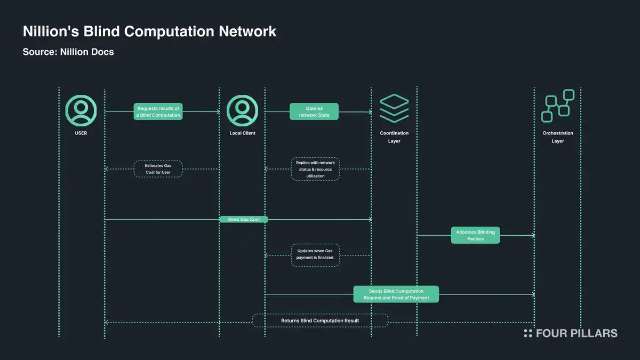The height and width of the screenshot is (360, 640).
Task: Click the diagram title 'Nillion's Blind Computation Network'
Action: (149, 31)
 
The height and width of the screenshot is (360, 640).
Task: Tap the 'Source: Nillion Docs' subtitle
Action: (68, 52)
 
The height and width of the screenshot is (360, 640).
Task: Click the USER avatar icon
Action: (81, 111)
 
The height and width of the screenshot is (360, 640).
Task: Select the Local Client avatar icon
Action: (242, 111)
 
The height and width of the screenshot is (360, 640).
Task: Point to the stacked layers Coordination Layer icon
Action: (394, 108)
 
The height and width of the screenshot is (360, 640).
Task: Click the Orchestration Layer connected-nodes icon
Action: (558, 106)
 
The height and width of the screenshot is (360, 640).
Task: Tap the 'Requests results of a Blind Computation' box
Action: (158, 111)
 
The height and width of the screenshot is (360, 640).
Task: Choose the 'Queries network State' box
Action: (314, 111)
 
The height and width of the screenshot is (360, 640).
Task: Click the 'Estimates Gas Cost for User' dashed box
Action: (158, 169)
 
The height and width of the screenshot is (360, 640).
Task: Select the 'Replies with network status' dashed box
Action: (314, 169)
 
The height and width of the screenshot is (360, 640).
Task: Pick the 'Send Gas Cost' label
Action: (243, 219)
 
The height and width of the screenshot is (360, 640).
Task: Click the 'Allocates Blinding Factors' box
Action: (475, 235)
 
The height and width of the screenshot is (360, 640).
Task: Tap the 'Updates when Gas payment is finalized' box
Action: (316, 255)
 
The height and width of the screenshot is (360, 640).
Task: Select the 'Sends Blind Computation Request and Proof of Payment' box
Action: (396, 294)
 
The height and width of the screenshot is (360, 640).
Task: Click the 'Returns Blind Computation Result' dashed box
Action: (320, 321)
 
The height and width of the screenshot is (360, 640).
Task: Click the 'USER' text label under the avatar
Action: (81, 133)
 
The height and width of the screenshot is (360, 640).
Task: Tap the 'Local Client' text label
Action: (242, 133)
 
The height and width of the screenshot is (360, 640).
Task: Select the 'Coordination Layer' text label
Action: (394, 137)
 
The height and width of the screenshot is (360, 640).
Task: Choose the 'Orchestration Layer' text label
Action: (558, 137)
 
